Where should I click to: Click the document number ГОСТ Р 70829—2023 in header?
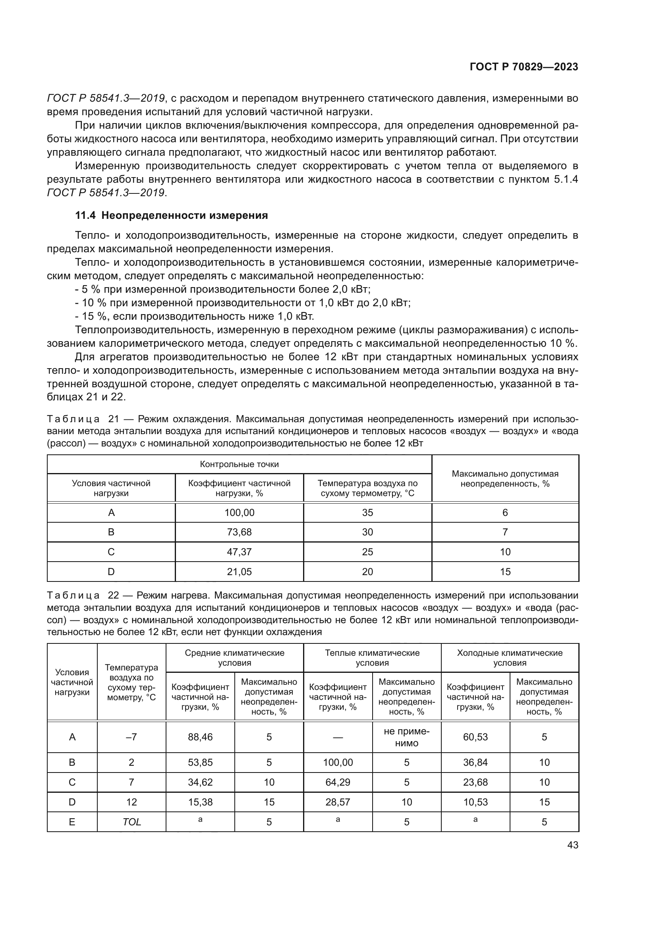(524, 67)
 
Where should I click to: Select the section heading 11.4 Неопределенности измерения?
(172, 216)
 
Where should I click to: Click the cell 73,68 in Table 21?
(239, 532)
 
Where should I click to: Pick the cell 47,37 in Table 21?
(239, 552)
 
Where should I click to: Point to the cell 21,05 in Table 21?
(239, 572)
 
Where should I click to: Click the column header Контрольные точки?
(239, 464)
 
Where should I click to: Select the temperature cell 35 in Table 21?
(367, 513)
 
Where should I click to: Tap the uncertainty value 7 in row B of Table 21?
(505, 532)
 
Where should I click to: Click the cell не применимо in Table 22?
(406, 737)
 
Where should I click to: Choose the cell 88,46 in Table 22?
(200, 737)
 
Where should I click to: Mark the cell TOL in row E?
(131, 822)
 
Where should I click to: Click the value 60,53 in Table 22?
(475, 737)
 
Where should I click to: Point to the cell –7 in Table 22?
(131, 737)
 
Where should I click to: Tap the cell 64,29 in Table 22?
(338, 782)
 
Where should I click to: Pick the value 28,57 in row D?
(338, 802)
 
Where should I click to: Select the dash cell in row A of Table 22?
(338, 737)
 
